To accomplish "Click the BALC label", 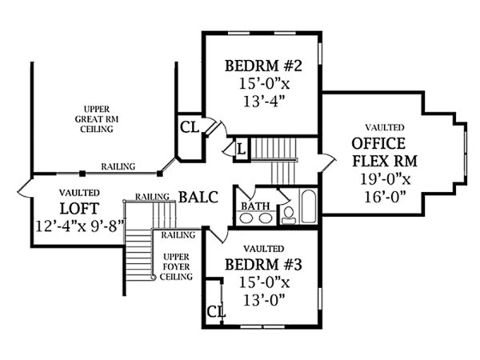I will click(x=198, y=197).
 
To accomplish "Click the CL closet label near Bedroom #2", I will click(x=189, y=126).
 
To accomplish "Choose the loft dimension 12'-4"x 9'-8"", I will click(x=78, y=226).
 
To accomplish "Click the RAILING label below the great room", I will click(x=118, y=166).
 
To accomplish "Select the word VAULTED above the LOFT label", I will click(x=79, y=194).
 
